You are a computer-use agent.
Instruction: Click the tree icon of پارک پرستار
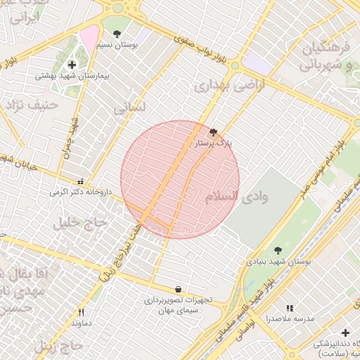click(x=214, y=131)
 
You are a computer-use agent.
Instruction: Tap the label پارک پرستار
click(x=214, y=143)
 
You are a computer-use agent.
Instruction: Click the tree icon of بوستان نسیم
click(x=117, y=33)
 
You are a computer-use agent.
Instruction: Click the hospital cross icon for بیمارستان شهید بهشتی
click(x=72, y=65)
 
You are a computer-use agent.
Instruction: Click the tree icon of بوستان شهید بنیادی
click(x=278, y=250)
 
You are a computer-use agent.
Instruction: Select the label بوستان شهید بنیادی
click(x=278, y=262)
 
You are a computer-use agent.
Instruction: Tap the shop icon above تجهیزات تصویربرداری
click(x=177, y=289)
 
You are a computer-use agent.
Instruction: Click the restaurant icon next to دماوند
click(x=82, y=312)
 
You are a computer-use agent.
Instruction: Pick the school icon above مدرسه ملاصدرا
click(x=290, y=308)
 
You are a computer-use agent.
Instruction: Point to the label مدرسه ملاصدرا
click(x=288, y=319)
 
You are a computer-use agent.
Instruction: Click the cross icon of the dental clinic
click(x=345, y=333)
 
